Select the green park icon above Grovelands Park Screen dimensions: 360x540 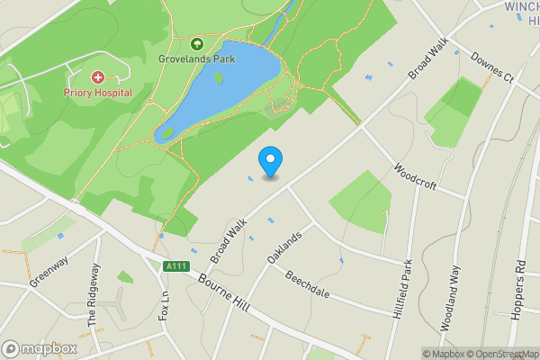(197, 42)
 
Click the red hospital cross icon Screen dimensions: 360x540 (97, 78)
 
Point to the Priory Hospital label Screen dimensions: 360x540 (97, 93)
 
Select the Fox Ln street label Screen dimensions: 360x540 (164, 303)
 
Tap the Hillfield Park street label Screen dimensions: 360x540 (404, 291)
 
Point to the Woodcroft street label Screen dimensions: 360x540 (415, 175)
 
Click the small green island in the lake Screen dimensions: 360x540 (219, 77)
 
